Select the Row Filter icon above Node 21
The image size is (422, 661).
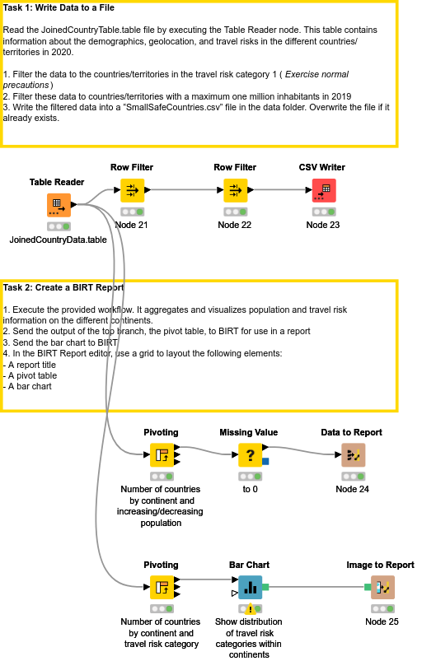[x=132, y=191]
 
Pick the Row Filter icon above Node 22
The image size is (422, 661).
[x=235, y=191]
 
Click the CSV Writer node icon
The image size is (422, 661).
[x=323, y=191]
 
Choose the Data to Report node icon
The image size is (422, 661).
[x=352, y=455]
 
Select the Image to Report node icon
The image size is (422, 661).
[x=382, y=588]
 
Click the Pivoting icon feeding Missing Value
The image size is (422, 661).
[x=161, y=455]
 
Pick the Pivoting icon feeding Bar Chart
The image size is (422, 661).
[x=161, y=588]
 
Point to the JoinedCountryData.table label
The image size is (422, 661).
[x=58, y=240]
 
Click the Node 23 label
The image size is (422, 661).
[x=323, y=225]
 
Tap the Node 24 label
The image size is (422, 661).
[x=352, y=489]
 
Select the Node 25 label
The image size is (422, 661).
[x=382, y=621]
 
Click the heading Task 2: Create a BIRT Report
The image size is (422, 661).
[x=63, y=288]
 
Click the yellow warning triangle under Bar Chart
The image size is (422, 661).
[x=249, y=609]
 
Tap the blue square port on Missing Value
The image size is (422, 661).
[x=265, y=461]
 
